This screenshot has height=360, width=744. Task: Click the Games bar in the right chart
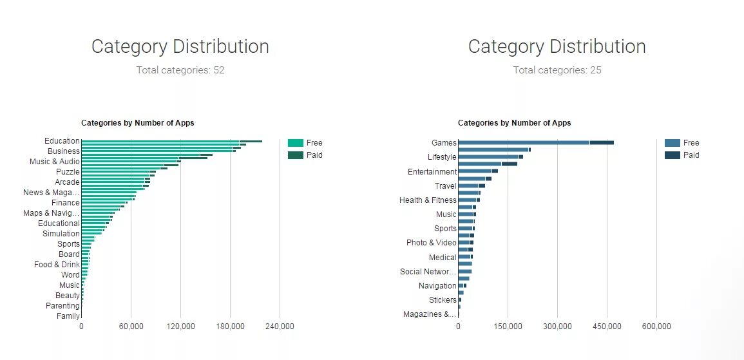pos(535,142)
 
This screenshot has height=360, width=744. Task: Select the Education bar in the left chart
pos(171,141)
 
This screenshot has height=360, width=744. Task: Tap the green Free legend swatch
pos(296,143)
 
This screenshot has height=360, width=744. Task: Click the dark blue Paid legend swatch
pos(672,155)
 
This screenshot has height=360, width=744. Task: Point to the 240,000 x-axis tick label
pos(280,327)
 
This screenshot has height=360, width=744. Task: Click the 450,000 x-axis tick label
pos(607,327)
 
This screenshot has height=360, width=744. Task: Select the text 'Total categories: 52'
pos(180,70)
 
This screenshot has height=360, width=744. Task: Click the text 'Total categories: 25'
pos(557,70)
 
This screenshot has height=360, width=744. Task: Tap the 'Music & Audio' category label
pos(55,162)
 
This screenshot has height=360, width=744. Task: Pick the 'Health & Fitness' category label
pos(428,200)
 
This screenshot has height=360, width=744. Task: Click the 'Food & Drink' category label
pos(57,265)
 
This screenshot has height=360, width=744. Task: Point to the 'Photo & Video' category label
pos(431,243)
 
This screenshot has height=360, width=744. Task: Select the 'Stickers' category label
pos(443,300)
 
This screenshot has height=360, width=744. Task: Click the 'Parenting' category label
pos(62,306)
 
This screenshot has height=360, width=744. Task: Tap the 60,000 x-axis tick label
pos(131,327)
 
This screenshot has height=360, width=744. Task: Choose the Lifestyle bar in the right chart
pos(490,156)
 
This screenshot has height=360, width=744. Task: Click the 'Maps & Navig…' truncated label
pos(52,213)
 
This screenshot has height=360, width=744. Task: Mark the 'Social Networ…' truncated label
pos(428,272)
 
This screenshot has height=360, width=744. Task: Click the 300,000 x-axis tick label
pos(557,327)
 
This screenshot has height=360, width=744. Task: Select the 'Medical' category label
pos(443,258)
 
